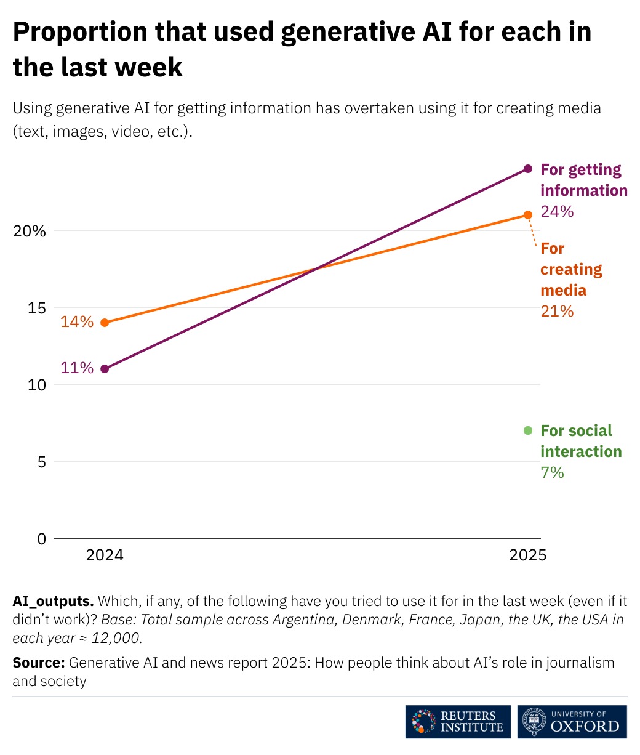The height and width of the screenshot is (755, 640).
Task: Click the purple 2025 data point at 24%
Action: click(x=527, y=169)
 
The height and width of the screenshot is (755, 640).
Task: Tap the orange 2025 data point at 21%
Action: click(x=527, y=215)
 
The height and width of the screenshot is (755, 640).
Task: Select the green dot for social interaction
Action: click(x=527, y=430)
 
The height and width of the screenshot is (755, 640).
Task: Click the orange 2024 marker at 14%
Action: click(x=105, y=323)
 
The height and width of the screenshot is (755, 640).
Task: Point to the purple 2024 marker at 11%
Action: click(x=105, y=369)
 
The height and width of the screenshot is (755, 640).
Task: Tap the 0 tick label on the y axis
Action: click(x=41, y=538)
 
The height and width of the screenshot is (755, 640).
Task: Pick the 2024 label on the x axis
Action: click(x=105, y=555)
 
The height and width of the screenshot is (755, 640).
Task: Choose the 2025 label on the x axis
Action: click(x=527, y=555)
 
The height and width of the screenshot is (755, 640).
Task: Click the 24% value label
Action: click(x=557, y=211)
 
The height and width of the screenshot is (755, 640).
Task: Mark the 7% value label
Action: click(x=552, y=472)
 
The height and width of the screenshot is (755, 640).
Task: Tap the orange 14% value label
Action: click(x=77, y=321)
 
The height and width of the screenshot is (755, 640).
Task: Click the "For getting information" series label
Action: click(x=583, y=180)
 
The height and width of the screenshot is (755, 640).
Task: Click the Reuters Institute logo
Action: click(x=458, y=722)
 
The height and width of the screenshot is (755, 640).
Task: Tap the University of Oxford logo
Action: click(x=572, y=722)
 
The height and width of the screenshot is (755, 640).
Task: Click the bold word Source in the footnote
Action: click(x=38, y=663)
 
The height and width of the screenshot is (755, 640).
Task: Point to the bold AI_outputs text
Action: click(x=53, y=600)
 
